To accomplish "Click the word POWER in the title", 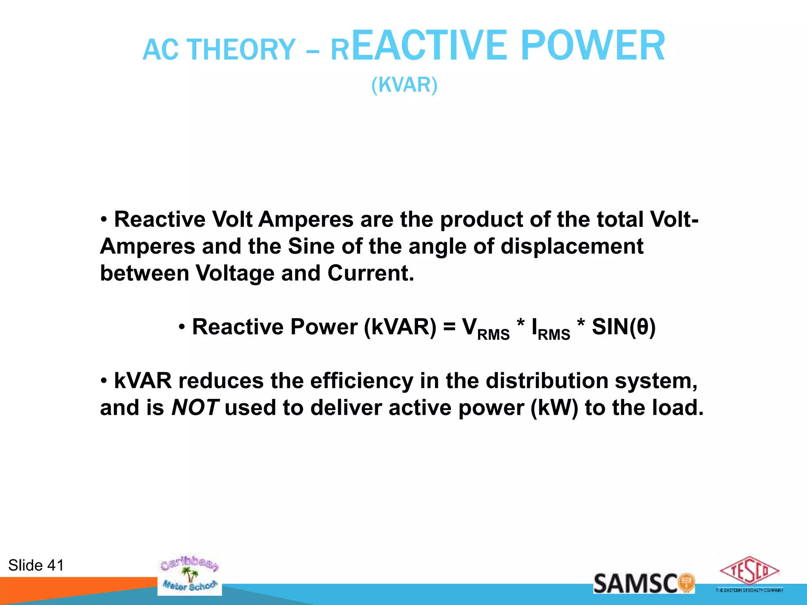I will [593, 46].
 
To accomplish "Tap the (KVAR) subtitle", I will [404, 85].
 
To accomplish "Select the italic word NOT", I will [195, 408].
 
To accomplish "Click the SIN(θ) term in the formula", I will [624, 327].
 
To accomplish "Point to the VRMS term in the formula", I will [485, 329].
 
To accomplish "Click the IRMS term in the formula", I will [550, 329].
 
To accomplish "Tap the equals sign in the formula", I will [449, 327].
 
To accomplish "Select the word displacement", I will [572, 247].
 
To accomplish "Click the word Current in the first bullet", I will [370, 273].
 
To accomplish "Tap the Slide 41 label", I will [36, 565].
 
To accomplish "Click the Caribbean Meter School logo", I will [190, 575].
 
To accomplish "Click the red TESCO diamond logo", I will [749, 571].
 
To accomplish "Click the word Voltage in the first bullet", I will [235, 273].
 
